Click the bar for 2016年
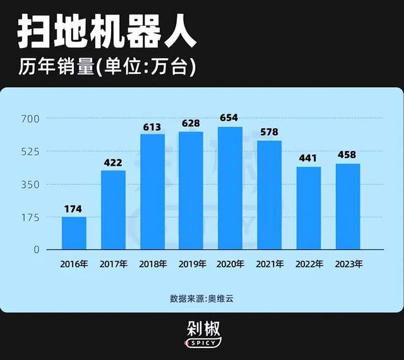tap(74, 233)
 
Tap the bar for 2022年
tap(309, 208)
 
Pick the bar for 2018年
tap(152, 192)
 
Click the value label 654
tap(229, 118)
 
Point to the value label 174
tap(73, 208)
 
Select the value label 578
tap(269, 132)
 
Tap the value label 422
tap(112, 162)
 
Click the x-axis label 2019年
tap(191, 263)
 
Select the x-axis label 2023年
tap(348, 263)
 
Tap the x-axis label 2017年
tap(113, 263)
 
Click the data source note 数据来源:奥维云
tap(201, 297)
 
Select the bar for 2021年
tap(270, 195)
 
